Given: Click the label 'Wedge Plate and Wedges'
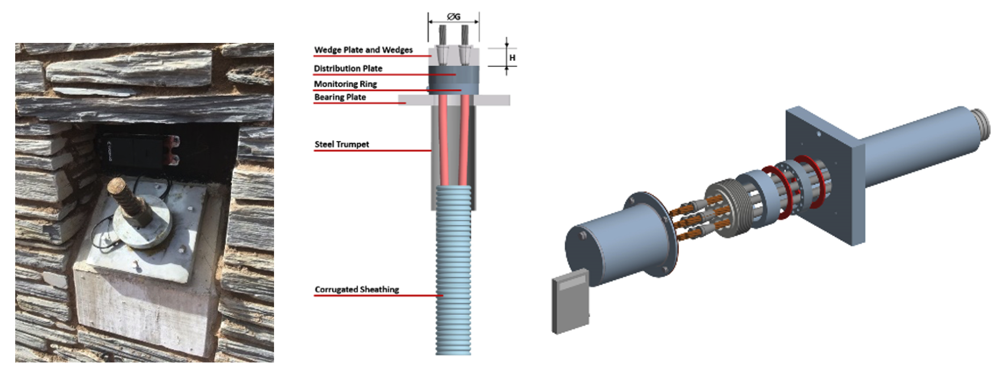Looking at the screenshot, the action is point(363,50).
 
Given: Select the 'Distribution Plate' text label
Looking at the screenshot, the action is point(348,68).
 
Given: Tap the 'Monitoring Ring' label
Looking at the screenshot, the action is point(345,84).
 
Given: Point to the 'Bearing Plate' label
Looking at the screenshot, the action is point(340,97).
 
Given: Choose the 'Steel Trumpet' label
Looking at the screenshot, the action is point(342,144).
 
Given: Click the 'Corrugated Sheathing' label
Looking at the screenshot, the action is point(357,289).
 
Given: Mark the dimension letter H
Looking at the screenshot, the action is point(512,58).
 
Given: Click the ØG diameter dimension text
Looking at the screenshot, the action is point(453,17).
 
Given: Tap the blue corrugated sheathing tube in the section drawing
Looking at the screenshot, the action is point(453,270).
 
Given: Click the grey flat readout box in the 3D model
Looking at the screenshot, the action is point(571,301).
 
